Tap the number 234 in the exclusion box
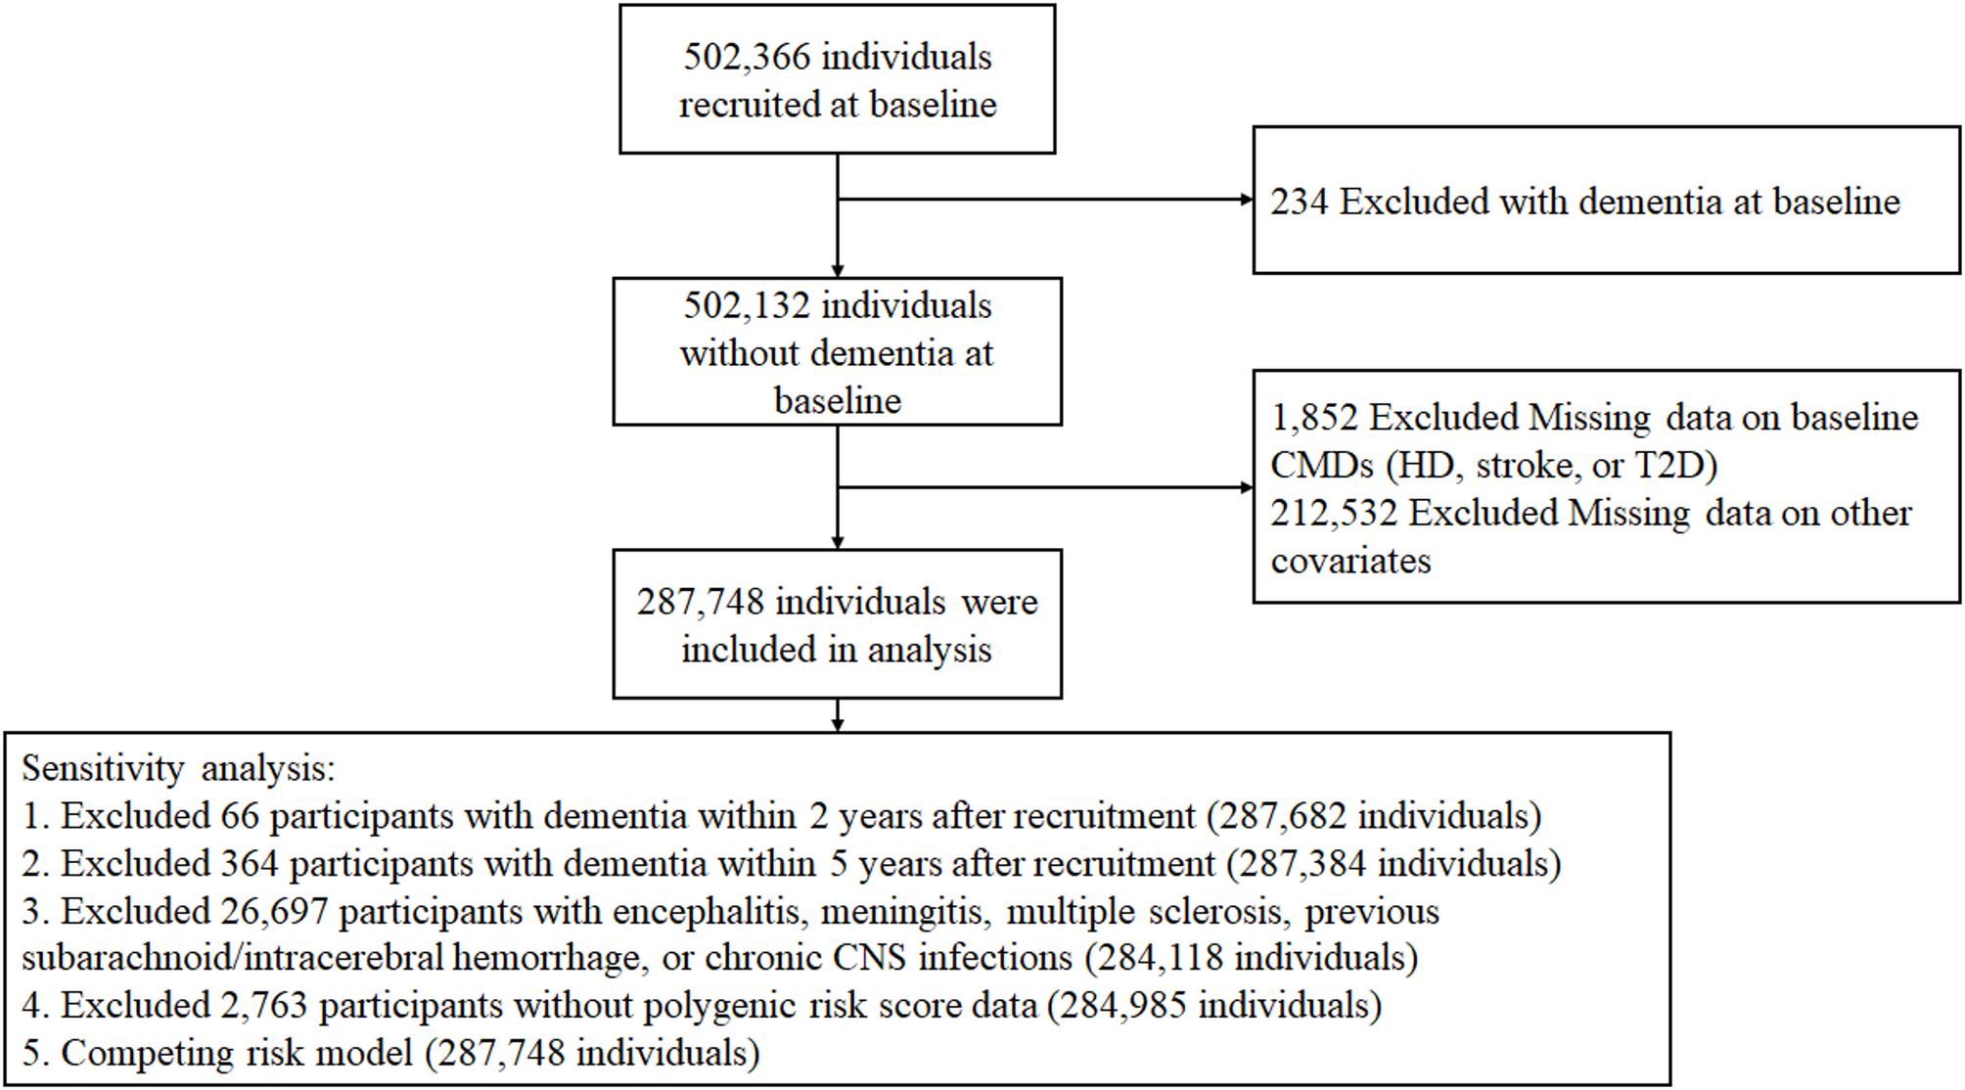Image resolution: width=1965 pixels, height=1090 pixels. pos(1300,202)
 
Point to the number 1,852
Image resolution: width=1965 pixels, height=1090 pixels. pos(1314,418)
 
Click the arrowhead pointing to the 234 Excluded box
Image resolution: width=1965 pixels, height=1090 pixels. pos(1247,200)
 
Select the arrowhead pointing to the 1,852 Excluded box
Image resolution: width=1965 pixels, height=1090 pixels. pos(1247,487)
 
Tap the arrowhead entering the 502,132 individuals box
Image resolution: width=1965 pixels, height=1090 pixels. pos(838,271)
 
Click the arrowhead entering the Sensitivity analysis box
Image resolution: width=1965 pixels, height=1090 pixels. pos(838,725)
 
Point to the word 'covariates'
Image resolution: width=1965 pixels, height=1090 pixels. pos(1350,562)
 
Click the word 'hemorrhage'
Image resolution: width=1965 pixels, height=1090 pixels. pos(546,958)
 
